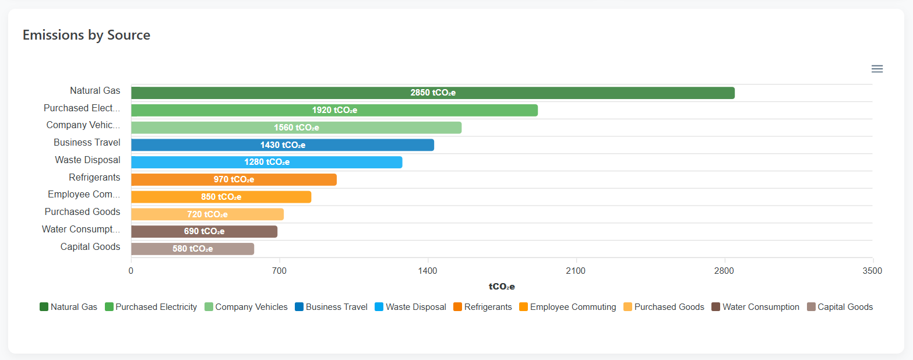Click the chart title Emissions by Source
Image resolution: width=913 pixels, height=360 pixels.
[86, 35]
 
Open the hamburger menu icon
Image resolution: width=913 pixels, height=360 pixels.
[877, 69]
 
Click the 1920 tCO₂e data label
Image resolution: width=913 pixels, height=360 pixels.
[334, 110]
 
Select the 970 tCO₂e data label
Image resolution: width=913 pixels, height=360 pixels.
[234, 179]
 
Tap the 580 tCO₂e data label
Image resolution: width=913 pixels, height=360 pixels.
[192, 249]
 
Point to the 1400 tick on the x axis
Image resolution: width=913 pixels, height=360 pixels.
[428, 271]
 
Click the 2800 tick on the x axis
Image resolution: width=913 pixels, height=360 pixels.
[724, 271]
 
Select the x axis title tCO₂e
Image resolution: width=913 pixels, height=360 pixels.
[502, 287]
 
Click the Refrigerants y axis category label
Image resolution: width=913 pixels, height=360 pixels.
[94, 177]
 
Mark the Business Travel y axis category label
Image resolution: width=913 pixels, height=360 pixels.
[87, 142]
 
